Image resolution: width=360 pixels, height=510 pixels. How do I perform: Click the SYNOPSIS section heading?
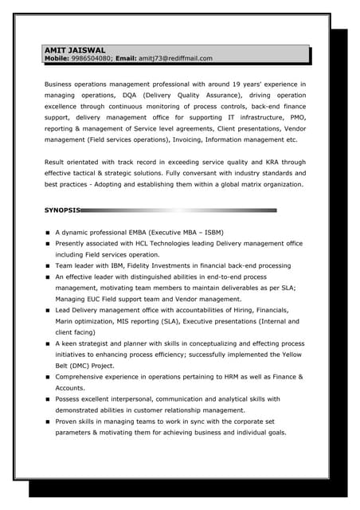pos(62,210)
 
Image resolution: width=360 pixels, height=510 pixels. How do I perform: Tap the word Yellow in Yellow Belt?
pos(292,355)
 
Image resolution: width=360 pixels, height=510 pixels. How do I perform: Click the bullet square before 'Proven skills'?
pos(48,422)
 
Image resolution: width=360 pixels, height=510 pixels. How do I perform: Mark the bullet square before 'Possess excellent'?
pos(48,399)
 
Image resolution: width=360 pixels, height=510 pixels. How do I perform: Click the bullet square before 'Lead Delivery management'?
pos(48,310)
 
